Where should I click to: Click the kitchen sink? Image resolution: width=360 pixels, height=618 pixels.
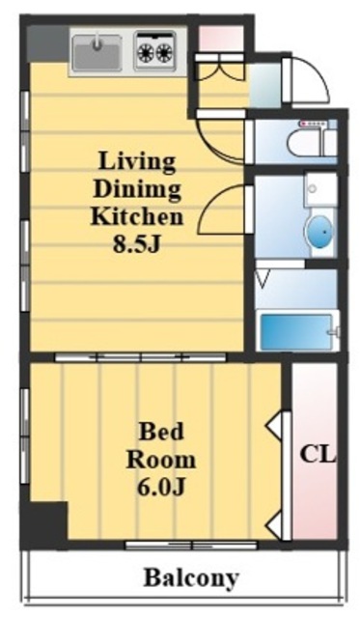click(97, 51)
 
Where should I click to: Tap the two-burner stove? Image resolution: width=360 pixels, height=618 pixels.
click(154, 50)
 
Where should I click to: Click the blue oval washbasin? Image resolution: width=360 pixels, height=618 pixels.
click(319, 233)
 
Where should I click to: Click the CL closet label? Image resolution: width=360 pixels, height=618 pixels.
click(318, 454)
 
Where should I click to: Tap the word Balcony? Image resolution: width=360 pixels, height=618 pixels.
click(191, 577)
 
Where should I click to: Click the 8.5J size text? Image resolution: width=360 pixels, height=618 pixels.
click(137, 244)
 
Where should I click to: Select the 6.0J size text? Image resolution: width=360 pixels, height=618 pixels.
click(161, 488)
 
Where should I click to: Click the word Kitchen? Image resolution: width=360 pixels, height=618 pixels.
click(137, 216)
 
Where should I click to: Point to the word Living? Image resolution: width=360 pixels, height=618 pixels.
click(137, 161)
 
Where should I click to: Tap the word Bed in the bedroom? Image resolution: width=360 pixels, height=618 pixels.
click(161, 432)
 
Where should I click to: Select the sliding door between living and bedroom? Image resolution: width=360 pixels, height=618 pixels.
click(140, 357)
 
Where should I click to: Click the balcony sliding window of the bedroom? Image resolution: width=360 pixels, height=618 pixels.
click(191, 546)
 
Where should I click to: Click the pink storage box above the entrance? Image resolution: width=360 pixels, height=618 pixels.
click(221, 39)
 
